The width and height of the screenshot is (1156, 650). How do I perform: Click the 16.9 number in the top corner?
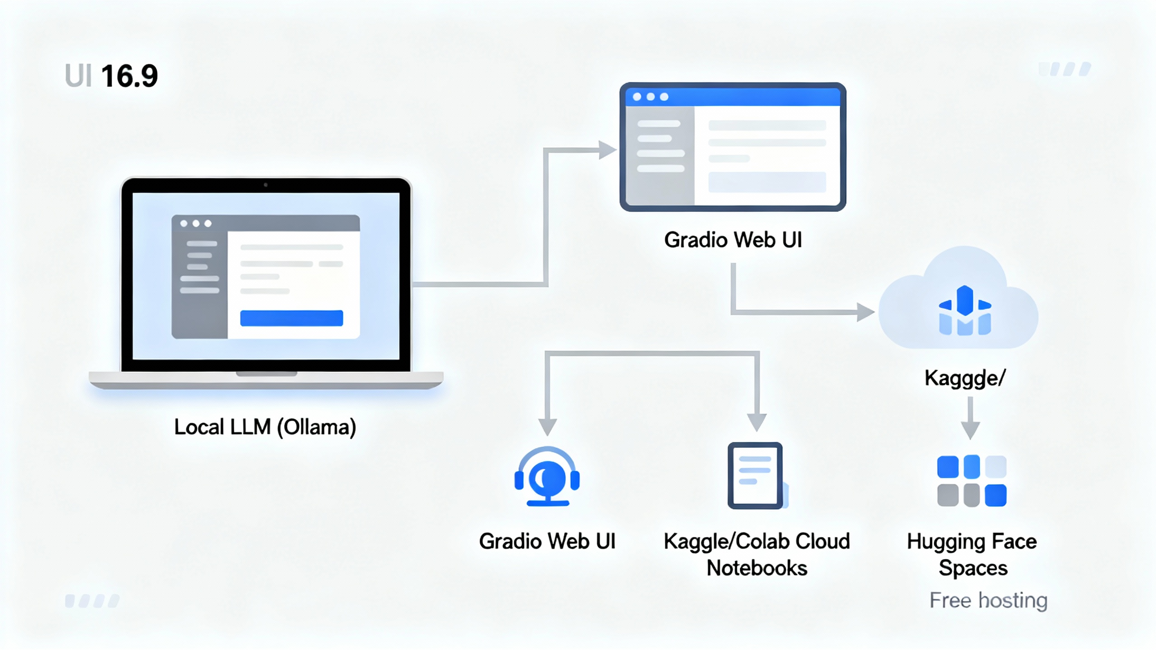coord(129,76)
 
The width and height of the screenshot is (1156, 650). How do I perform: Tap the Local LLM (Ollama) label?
coord(265,427)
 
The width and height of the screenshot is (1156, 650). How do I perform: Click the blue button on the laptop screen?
coord(291,318)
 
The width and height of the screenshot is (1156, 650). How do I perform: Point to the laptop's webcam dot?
coord(266,185)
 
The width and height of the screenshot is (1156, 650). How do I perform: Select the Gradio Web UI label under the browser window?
coord(732,240)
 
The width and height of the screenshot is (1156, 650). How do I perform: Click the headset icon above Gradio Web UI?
coord(547,477)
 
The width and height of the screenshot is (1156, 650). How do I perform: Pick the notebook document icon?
coord(755,476)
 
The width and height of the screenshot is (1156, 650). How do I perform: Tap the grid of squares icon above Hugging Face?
coord(971,481)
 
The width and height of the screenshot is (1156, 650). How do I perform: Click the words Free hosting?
coord(988,600)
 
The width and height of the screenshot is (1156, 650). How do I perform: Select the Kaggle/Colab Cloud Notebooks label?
coord(756,554)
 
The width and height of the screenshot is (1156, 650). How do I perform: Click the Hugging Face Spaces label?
coord(972,554)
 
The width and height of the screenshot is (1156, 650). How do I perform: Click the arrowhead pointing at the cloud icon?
coord(865,312)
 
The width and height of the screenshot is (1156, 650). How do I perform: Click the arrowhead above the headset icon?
coord(547,426)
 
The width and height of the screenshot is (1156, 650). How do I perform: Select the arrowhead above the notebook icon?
coord(757,422)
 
